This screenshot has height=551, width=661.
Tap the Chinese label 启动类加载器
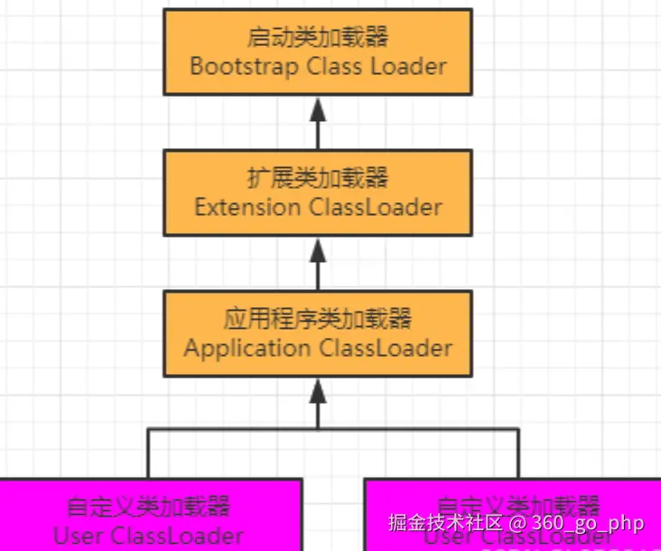click(318, 39)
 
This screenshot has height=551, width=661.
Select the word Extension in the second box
click(248, 207)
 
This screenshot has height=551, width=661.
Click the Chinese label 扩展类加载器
click(318, 179)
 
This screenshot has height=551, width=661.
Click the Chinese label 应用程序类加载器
click(318, 320)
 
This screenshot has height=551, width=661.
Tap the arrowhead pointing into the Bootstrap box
click(318, 107)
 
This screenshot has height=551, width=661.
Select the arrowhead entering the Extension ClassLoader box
click(318, 248)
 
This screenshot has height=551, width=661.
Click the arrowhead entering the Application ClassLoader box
click(318, 389)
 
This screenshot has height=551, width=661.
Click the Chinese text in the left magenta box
click(149, 506)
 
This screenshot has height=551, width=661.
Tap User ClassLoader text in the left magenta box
click(149, 536)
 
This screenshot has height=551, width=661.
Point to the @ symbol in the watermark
click(518, 523)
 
